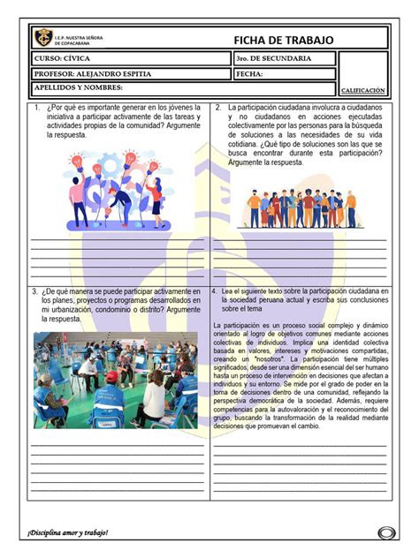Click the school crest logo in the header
(x=42, y=38)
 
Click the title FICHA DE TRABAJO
(x=284, y=41)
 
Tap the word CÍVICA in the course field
(x=76, y=58)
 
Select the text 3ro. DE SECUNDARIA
(x=273, y=58)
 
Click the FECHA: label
(x=249, y=74)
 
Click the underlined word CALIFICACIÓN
(x=363, y=90)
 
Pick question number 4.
(x=216, y=290)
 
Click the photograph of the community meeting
(x=115, y=380)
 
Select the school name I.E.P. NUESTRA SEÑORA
(x=79, y=34)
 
